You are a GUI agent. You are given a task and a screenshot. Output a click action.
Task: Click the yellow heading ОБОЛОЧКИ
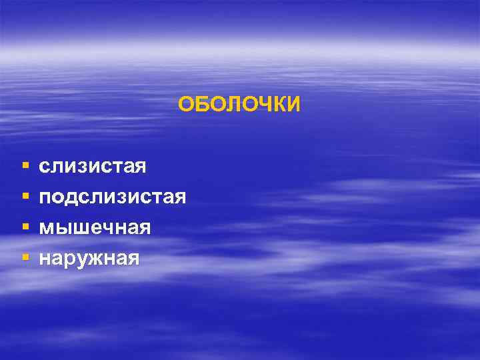click(239, 105)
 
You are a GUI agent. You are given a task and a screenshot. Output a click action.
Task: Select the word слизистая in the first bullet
click(93, 165)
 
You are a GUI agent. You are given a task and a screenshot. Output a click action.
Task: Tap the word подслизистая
click(113, 197)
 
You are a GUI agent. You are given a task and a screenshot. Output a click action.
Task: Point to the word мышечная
click(95, 227)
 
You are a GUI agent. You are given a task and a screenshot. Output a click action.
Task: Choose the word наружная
click(89, 257)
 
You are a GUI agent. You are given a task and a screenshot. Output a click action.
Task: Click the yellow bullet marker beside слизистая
click(25, 164)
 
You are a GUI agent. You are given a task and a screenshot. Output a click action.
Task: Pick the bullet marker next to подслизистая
click(25, 195)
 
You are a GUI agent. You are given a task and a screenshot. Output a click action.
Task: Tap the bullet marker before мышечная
click(25, 226)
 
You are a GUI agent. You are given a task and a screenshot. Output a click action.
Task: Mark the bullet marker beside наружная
click(25, 257)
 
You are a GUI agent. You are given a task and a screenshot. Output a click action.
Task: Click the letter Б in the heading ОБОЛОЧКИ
click(201, 105)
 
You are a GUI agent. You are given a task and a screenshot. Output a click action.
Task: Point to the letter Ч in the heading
click(262, 105)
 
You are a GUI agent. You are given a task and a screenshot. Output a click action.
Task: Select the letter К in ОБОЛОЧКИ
click(277, 105)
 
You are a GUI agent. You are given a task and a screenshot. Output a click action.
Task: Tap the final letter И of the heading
click(293, 105)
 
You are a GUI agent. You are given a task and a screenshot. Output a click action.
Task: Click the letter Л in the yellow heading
click(231, 105)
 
